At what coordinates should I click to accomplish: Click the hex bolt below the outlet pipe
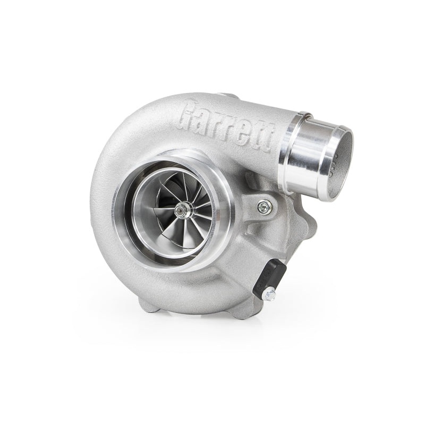click(x=264, y=207)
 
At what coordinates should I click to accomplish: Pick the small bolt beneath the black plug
click(x=269, y=293)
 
